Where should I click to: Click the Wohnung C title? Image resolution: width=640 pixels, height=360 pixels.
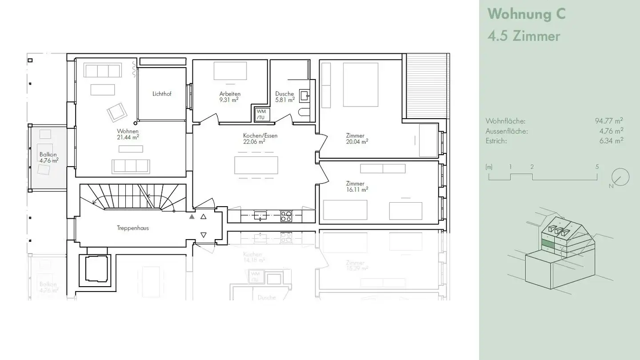526,14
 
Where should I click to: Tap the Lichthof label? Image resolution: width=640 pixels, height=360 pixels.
162,94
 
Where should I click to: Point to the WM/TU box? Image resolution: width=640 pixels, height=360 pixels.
261,114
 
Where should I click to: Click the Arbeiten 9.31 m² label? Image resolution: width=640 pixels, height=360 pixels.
229,97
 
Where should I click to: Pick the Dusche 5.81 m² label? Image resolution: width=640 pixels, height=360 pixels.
285,97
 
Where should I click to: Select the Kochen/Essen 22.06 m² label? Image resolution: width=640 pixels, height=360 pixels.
260,138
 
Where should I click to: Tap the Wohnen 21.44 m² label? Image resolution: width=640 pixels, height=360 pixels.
128,134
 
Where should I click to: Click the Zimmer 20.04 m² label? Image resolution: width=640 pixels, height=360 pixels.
357,139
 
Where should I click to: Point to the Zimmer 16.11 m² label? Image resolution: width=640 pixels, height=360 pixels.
357,186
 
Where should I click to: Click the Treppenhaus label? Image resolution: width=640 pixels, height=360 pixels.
132,228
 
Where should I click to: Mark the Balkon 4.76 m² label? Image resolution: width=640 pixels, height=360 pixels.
49,157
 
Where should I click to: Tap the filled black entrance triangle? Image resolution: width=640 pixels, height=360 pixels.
192,217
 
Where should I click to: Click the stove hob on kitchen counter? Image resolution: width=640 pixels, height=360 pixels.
286,216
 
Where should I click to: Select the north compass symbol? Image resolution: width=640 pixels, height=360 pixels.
620,177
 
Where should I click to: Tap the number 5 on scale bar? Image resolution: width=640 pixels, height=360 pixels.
597,167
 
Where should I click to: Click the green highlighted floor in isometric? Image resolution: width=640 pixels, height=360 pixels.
548,244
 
